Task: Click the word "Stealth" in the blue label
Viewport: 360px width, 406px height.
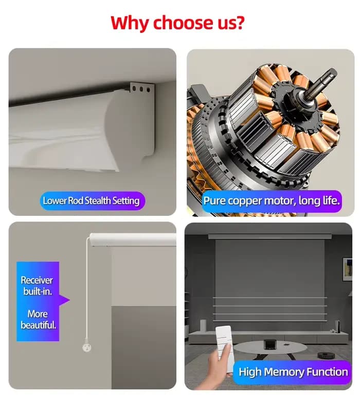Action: coord(98,200)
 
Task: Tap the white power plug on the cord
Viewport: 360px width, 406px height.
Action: coord(87,347)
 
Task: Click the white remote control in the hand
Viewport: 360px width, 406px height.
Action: coord(225,342)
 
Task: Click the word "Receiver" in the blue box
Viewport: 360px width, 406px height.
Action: coord(37,280)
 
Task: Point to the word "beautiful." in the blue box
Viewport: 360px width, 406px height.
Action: coord(38,325)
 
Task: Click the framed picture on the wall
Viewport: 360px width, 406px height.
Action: coord(347,269)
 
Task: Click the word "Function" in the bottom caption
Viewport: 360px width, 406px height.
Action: coord(327,372)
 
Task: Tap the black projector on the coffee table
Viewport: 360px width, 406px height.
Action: coord(269,344)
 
